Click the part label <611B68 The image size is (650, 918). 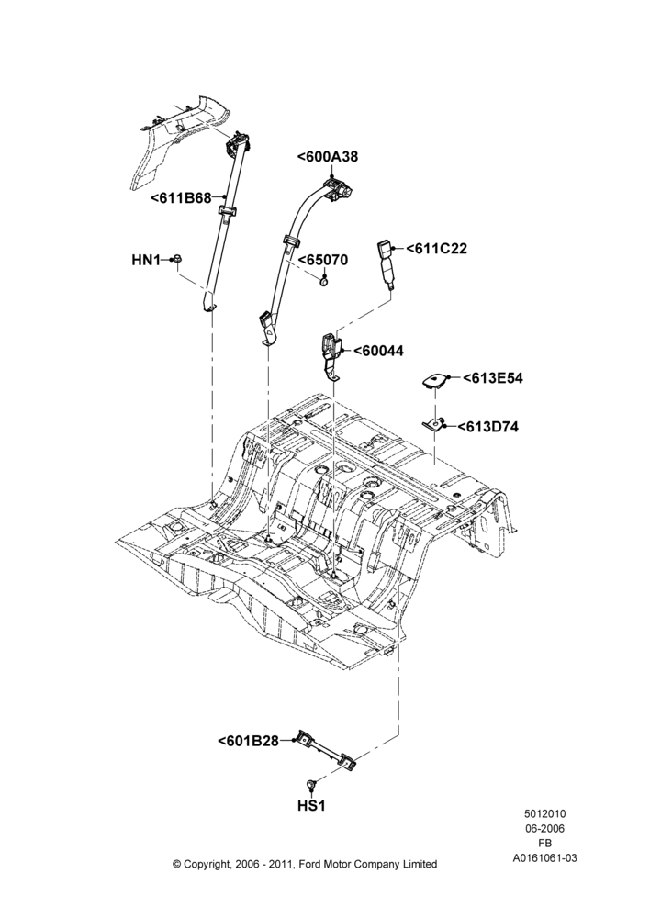(181, 197)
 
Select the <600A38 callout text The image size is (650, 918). (328, 156)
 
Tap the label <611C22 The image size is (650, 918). (436, 248)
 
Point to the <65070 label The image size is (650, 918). (323, 260)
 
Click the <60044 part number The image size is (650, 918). (378, 351)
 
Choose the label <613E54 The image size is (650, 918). (492, 378)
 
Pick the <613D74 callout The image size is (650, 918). (487, 427)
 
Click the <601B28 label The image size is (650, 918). (248, 741)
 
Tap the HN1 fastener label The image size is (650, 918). (146, 260)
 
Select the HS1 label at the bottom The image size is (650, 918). (311, 806)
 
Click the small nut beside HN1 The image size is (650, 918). (177, 260)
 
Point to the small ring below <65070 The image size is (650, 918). (324, 284)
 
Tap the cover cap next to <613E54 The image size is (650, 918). (434, 380)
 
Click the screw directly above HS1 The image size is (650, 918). (311, 783)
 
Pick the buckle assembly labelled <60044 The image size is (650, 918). (332, 354)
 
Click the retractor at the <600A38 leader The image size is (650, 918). (338, 189)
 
